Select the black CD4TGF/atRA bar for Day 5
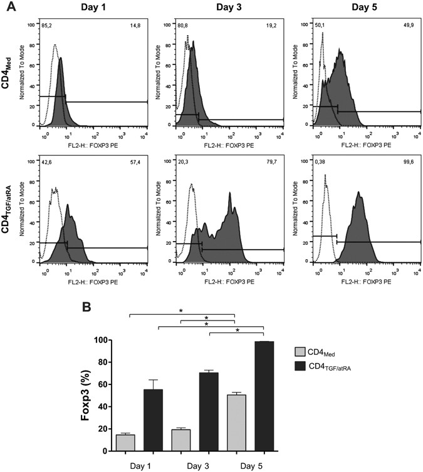point(264,396)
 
